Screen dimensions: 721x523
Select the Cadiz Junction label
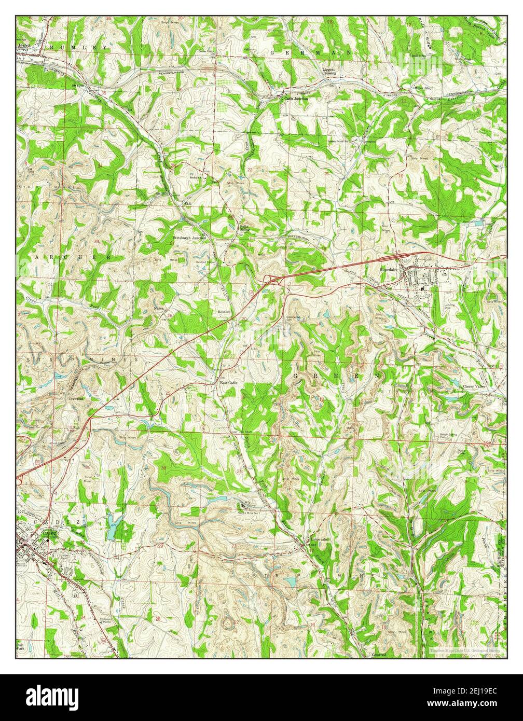(295, 98)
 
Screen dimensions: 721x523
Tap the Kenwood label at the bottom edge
(378, 655)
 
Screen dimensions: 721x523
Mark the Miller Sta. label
(423, 88)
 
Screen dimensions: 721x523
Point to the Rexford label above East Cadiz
(224, 312)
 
